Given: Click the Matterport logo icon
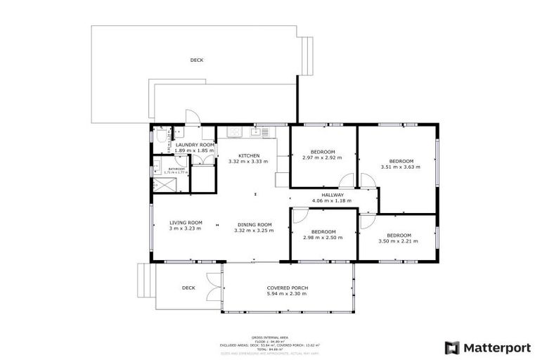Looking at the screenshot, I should (452, 347).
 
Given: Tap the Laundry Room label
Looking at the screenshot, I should (175, 144).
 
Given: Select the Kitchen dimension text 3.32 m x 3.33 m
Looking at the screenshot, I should (248, 162).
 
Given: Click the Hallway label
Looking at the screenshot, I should (332, 195).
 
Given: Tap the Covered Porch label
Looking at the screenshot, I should (287, 288).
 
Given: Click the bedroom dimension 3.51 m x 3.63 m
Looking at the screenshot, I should (399, 167).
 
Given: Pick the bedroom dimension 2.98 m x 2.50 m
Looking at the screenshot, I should (323, 238).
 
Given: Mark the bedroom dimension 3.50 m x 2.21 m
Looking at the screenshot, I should (398, 241).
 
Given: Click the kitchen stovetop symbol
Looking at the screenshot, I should (233, 132).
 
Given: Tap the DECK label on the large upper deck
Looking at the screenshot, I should (197, 60).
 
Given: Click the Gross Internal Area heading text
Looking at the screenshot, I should (270, 337).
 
